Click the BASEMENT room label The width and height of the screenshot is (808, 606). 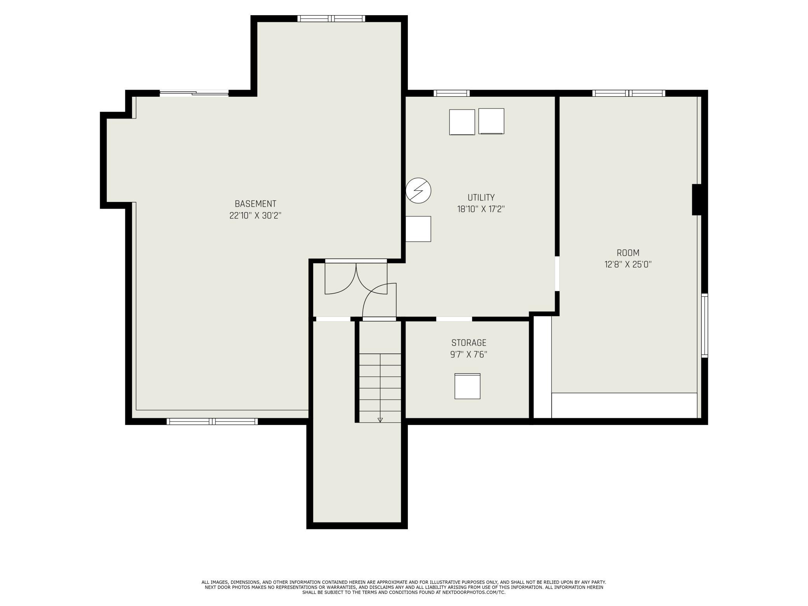255,204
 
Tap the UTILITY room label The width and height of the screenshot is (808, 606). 481,197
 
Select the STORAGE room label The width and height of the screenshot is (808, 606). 469,343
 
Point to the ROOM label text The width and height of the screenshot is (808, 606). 628,253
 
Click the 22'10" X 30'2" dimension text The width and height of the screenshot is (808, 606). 255,216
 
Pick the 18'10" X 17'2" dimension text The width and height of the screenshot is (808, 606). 481,209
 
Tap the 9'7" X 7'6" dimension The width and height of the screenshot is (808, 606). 469,354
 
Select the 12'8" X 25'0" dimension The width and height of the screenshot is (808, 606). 628,265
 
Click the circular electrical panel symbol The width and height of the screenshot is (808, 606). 418,191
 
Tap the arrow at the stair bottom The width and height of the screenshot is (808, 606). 380,420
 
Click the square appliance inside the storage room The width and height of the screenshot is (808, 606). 467,386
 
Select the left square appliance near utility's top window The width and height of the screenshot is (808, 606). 462,122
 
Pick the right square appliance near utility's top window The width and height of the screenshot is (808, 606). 491,121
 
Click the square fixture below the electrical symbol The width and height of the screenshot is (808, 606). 418,229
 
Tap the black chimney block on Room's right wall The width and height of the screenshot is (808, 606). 697,200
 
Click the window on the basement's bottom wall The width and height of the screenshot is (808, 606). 212,421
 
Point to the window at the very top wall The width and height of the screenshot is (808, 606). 331,18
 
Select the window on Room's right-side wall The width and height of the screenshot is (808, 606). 705,326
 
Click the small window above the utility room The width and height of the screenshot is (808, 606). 451,93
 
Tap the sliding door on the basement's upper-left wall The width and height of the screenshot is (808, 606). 194,93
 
